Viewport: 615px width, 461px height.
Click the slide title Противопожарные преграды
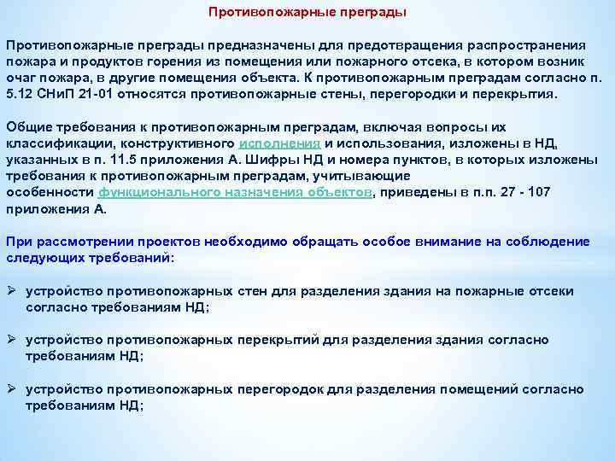(307, 13)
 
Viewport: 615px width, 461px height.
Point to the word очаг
(20, 77)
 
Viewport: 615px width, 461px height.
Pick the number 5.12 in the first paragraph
(16, 93)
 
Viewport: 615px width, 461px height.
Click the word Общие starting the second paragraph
(27, 125)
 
